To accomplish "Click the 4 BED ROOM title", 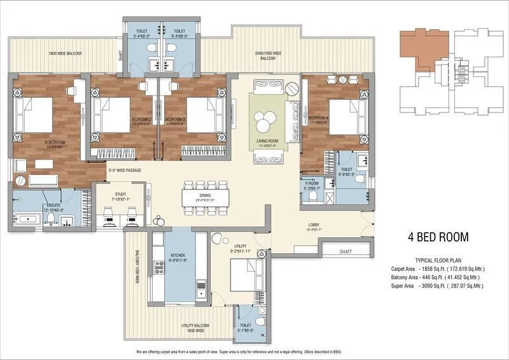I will pos(438,237).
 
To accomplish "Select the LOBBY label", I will pos(313,225).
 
